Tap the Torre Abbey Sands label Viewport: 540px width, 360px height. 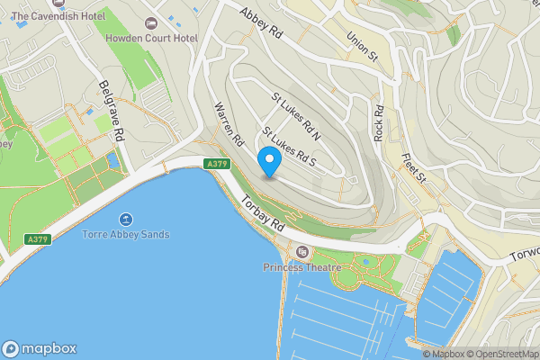click(126, 235)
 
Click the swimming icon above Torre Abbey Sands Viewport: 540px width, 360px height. click(125, 220)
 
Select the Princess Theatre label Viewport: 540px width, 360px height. click(302, 267)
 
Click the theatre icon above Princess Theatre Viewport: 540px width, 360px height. click(301, 251)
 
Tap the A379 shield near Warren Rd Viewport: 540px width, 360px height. click(216, 164)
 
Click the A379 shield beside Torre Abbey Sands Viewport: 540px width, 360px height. click(36, 238)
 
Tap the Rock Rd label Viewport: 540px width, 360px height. click(379, 122)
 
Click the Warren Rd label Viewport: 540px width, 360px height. click(229, 124)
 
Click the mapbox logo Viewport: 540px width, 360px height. click(40, 349)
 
